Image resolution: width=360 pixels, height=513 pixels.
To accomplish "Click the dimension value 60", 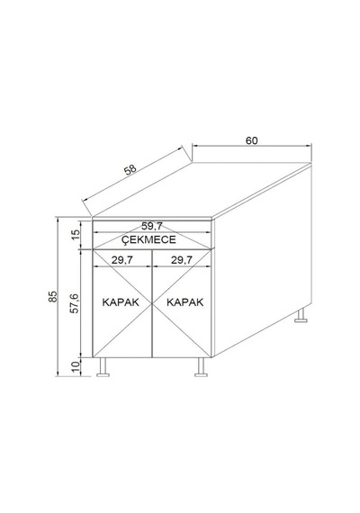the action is [252, 140].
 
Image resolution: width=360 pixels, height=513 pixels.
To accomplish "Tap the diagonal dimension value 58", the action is [130, 170].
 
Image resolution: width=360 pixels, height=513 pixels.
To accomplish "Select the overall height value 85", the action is [53, 296].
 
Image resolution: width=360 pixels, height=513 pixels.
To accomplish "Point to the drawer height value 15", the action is [76, 234].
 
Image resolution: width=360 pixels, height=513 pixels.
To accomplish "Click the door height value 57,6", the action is [75, 303].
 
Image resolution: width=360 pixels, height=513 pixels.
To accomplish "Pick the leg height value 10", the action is [76, 366].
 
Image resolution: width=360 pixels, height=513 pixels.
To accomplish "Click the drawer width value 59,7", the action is [152, 226].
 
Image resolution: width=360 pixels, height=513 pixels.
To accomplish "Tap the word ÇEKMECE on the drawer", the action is [148, 239].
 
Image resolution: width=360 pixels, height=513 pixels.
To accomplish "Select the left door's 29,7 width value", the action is [122, 260].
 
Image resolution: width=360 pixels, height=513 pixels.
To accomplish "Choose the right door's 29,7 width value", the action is [182, 260].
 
